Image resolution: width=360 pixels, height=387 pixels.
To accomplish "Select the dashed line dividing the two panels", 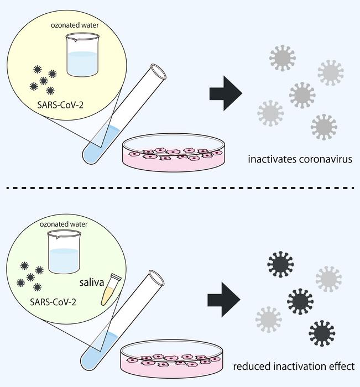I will [x=180, y=190].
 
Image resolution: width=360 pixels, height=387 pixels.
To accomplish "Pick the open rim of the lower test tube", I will [x=156, y=276].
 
